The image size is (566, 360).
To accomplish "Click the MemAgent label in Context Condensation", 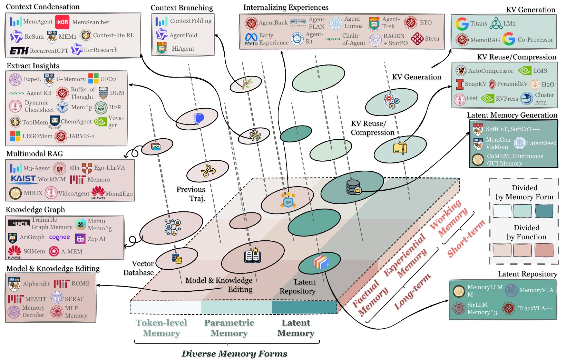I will click(x=38, y=22).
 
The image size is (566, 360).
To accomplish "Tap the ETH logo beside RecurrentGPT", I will click(x=19, y=51).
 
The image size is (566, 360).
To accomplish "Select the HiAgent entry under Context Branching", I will click(x=183, y=49).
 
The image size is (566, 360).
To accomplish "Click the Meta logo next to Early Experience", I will click(x=251, y=39).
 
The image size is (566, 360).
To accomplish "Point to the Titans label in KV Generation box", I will click(x=478, y=23).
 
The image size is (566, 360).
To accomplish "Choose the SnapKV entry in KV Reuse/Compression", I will click(x=475, y=84).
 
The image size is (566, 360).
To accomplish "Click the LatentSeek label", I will click(x=541, y=143).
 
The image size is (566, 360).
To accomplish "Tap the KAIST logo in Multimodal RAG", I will click(x=23, y=179).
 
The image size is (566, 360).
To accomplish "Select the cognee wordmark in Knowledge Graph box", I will click(x=59, y=237).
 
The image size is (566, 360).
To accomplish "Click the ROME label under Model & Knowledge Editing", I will click(x=80, y=283).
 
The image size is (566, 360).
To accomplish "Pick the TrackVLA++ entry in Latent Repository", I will click(x=535, y=308).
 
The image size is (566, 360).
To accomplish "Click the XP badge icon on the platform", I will click(x=288, y=202).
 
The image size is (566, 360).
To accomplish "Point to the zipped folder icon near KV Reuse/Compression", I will click(x=400, y=148).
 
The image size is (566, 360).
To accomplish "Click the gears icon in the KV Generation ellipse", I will click(x=392, y=101).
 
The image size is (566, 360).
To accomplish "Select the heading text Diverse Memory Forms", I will click(x=234, y=354).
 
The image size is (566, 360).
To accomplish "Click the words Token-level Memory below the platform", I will click(x=161, y=328).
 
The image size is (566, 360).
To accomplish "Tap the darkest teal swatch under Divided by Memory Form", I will click(x=544, y=211).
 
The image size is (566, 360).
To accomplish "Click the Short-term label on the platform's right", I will click(x=466, y=239).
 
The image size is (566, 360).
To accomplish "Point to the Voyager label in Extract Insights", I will click(x=116, y=121).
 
